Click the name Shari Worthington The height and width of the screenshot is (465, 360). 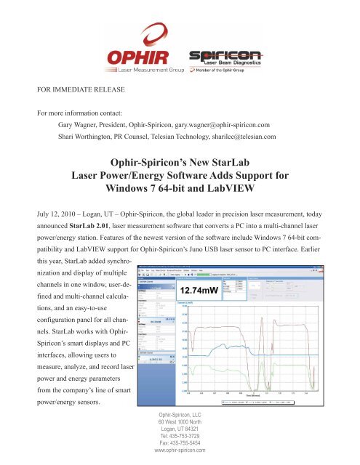96,137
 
